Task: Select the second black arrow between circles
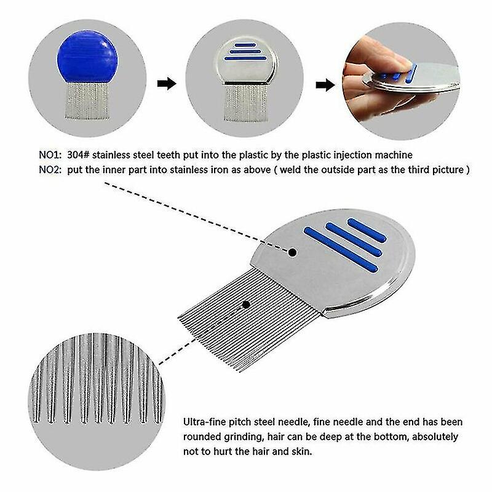[325, 84]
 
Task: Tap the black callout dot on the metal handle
[293, 253]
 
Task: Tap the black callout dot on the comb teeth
[246, 304]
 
